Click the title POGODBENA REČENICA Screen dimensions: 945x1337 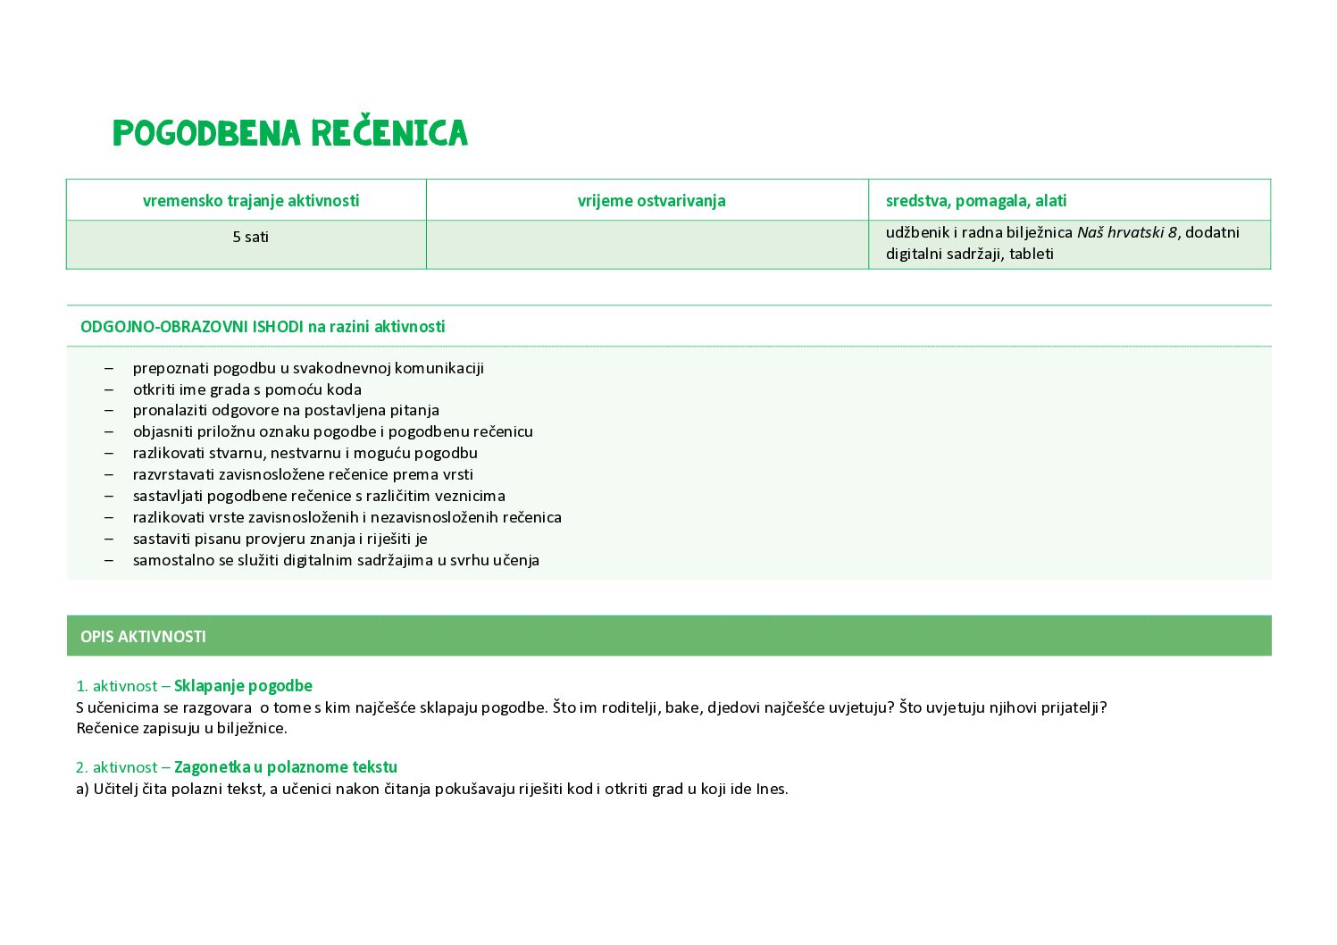point(290,133)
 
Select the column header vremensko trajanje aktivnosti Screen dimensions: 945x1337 point(251,201)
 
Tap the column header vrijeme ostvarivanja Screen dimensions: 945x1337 point(651,201)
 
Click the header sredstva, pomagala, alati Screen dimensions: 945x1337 point(976,201)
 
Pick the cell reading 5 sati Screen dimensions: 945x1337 point(251,237)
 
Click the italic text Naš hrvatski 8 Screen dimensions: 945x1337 point(1126,232)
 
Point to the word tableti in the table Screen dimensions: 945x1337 point(1032,254)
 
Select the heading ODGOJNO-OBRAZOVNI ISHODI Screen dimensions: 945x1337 point(191,327)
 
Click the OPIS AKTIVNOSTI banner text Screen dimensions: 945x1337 point(143,637)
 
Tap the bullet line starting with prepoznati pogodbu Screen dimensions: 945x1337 point(308,368)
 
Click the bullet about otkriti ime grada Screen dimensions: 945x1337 point(247,389)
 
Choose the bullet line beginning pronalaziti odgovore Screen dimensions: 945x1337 point(286,410)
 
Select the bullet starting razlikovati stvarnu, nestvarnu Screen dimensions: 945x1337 point(305,453)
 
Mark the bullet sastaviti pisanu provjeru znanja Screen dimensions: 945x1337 point(280,539)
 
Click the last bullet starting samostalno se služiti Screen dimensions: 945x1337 point(336,560)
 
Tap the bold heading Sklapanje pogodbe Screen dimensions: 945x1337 point(243,686)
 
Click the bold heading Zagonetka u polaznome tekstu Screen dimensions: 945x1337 point(286,767)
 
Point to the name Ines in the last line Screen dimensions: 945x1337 point(772,789)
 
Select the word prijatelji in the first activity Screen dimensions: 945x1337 point(1074,707)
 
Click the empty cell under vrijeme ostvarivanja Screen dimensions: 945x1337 point(648,245)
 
